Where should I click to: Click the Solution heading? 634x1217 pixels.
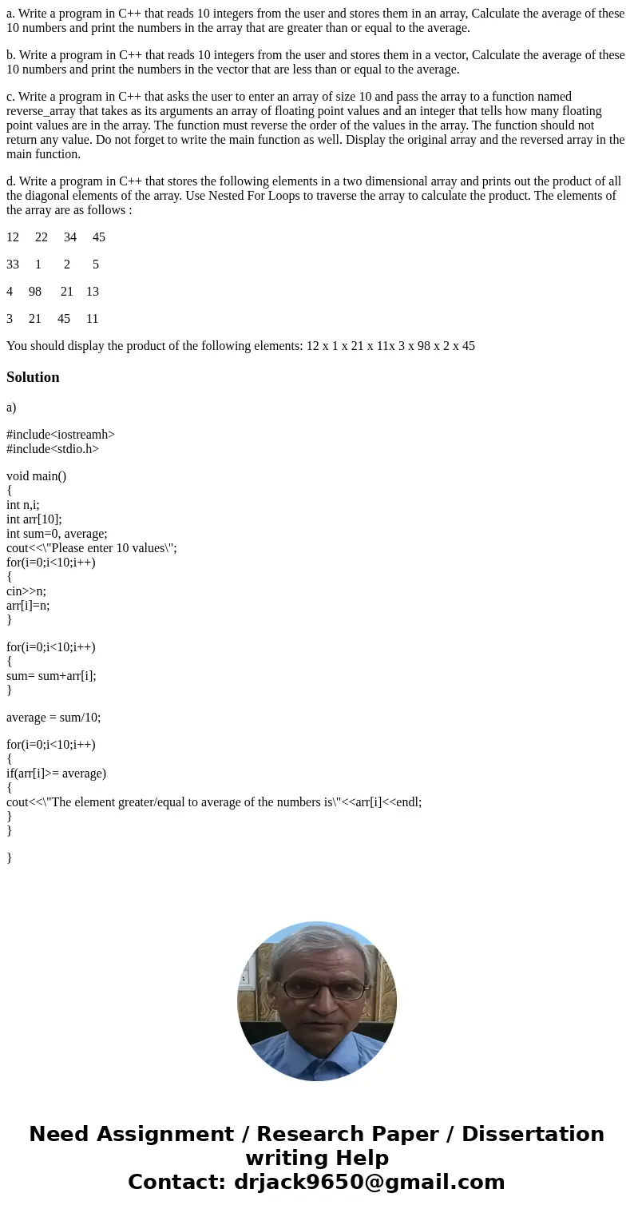[x=33, y=377]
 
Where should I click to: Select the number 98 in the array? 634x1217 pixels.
[x=35, y=292]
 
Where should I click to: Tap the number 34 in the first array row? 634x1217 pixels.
[x=70, y=237]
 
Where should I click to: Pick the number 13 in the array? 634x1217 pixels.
[x=93, y=292]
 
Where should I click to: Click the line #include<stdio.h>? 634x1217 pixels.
[x=53, y=449]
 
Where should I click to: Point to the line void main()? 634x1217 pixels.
[x=37, y=476]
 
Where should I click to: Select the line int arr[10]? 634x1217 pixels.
[x=34, y=519]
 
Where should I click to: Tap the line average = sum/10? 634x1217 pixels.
[x=53, y=718]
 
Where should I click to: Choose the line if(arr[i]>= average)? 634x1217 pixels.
[x=56, y=774]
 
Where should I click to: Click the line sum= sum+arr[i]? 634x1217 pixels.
[x=51, y=676]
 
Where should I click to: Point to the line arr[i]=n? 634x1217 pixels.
[x=28, y=606]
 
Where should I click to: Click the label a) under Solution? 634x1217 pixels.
[x=11, y=408]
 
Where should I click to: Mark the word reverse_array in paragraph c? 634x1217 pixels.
[x=44, y=111]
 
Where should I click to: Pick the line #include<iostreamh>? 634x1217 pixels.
[x=61, y=435]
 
